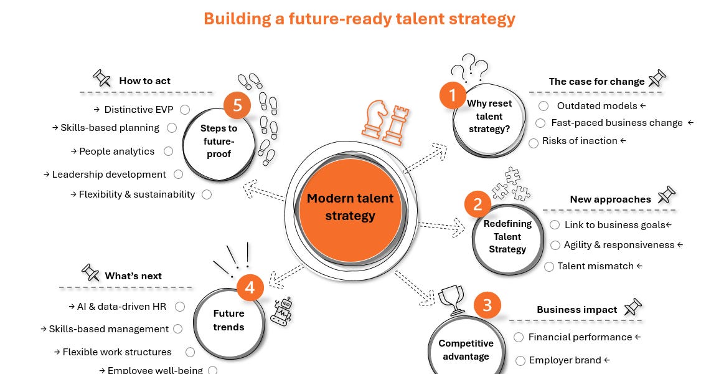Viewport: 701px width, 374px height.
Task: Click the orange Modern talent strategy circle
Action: (x=350, y=210)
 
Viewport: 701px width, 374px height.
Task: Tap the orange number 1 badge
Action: (x=453, y=95)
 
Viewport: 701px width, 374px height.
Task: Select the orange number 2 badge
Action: (x=478, y=204)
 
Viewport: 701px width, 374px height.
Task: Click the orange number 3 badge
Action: (x=487, y=305)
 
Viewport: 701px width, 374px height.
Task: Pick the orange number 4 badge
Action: (x=250, y=287)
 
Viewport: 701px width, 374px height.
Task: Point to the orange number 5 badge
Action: (x=237, y=105)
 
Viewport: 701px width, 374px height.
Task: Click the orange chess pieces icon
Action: (x=385, y=122)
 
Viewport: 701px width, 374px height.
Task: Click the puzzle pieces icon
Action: (x=511, y=185)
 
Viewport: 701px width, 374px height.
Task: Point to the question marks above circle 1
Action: (x=469, y=68)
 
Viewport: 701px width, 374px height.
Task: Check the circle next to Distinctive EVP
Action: (x=185, y=110)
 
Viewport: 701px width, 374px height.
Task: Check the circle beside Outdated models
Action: (x=543, y=106)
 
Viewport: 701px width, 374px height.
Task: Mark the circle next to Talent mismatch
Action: (x=549, y=267)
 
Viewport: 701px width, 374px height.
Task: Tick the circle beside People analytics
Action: (x=168, y=151)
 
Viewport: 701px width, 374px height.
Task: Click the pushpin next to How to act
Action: (x=101, y=78)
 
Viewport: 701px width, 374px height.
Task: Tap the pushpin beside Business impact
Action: (x=633, y=307)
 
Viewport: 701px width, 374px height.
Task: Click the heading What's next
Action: (x=133, y=276)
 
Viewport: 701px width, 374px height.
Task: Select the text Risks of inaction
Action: (x=580, y=141)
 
